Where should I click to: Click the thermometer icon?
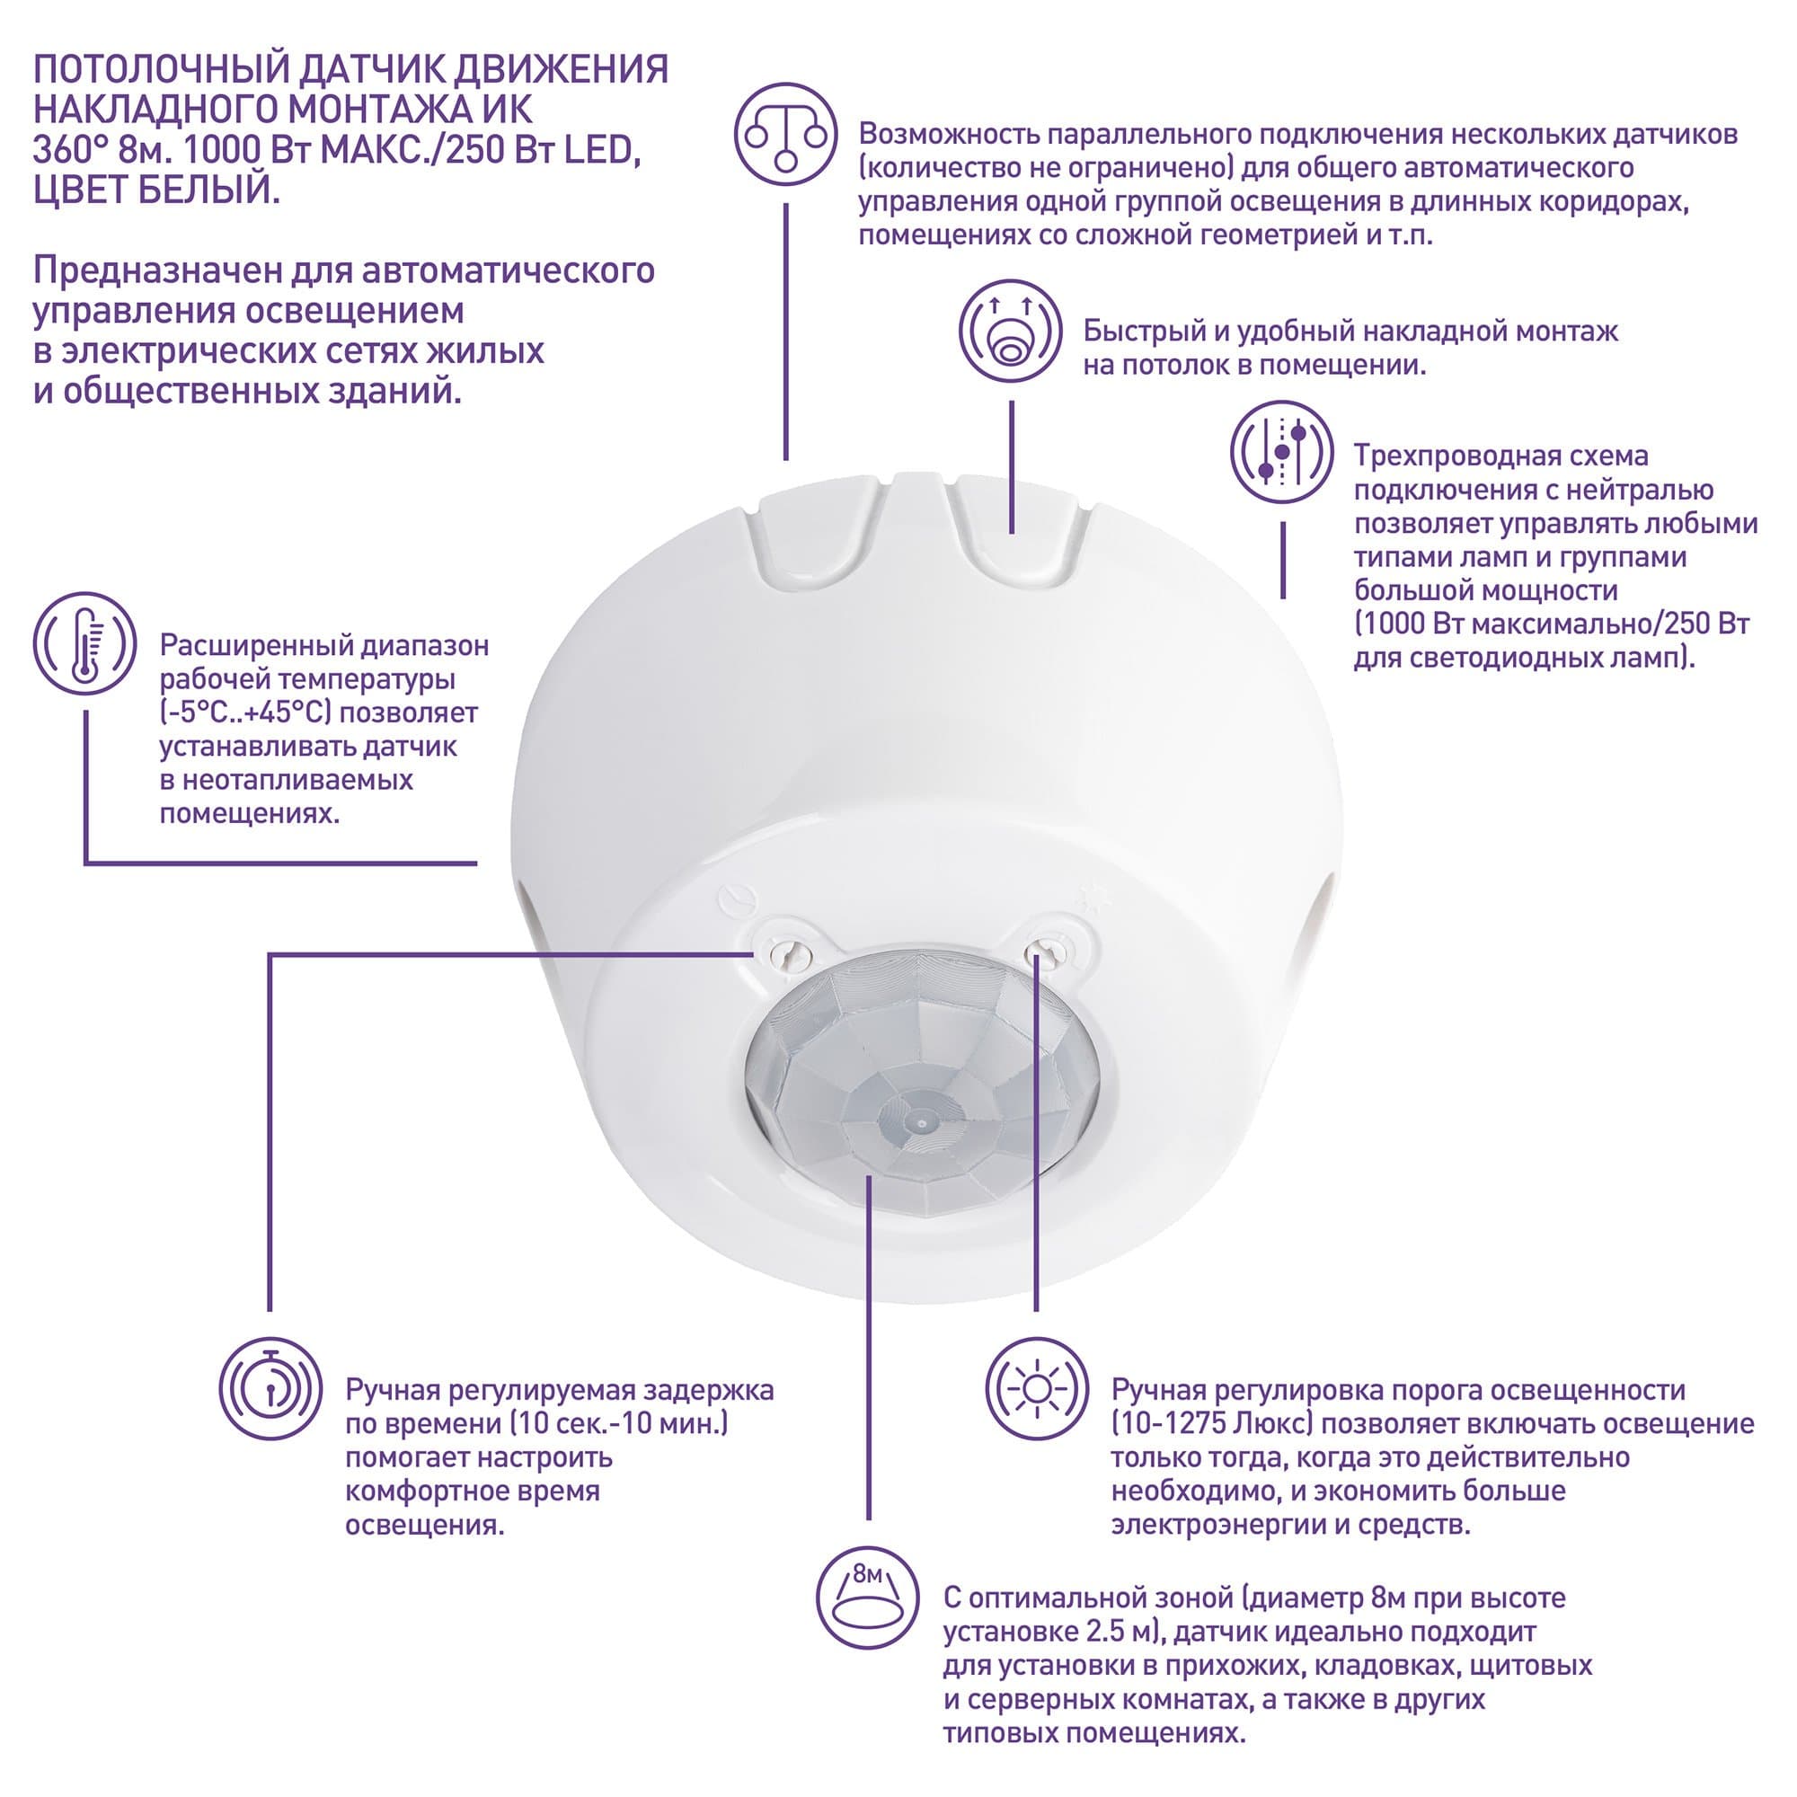(84, 643)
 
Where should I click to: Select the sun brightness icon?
(1036, 1390)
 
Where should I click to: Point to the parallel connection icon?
(786, 135)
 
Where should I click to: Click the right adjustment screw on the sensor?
(1046, 951)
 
